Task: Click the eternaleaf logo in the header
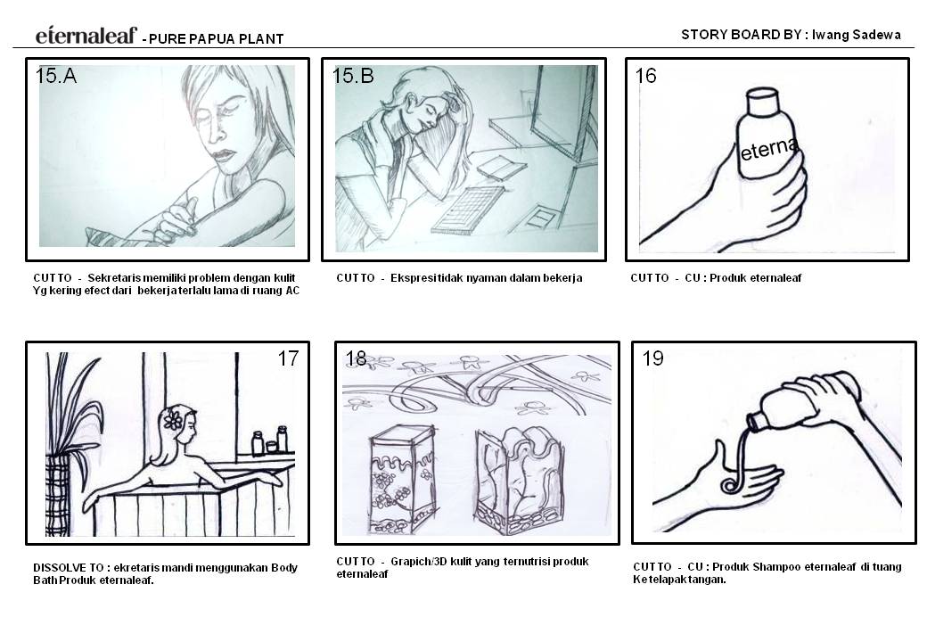86,36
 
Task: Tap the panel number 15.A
56,77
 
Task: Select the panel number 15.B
353,77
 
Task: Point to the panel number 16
645,77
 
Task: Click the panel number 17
288,359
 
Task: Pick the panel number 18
356,359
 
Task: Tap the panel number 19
653,359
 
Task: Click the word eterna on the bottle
767,148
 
